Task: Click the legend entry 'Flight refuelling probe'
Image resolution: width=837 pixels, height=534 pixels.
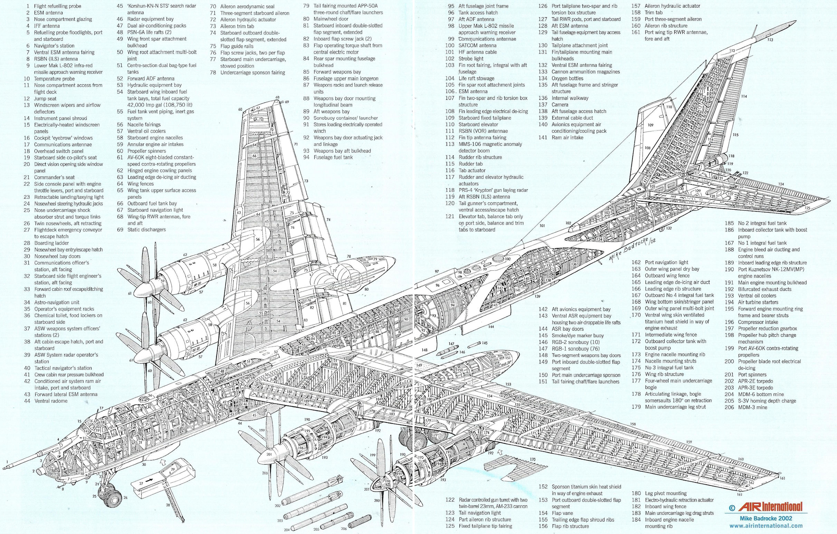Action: (x=57, y=6)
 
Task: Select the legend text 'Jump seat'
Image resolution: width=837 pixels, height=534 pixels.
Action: (x=45, y=99)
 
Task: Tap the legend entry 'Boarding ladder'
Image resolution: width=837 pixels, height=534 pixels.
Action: (x=51, y=243)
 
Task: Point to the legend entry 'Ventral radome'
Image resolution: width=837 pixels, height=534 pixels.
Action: (x=51, y=401)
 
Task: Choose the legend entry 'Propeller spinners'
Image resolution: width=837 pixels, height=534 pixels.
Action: (x=146, y=151)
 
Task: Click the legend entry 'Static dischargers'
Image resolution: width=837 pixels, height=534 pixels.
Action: (x=146, y=229)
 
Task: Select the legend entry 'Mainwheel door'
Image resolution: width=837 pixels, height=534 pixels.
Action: (x=330, y=19)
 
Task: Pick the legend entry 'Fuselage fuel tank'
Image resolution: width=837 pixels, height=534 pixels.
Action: (x=333, y=157)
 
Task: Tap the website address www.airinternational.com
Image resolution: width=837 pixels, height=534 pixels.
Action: (x=766, y=526)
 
